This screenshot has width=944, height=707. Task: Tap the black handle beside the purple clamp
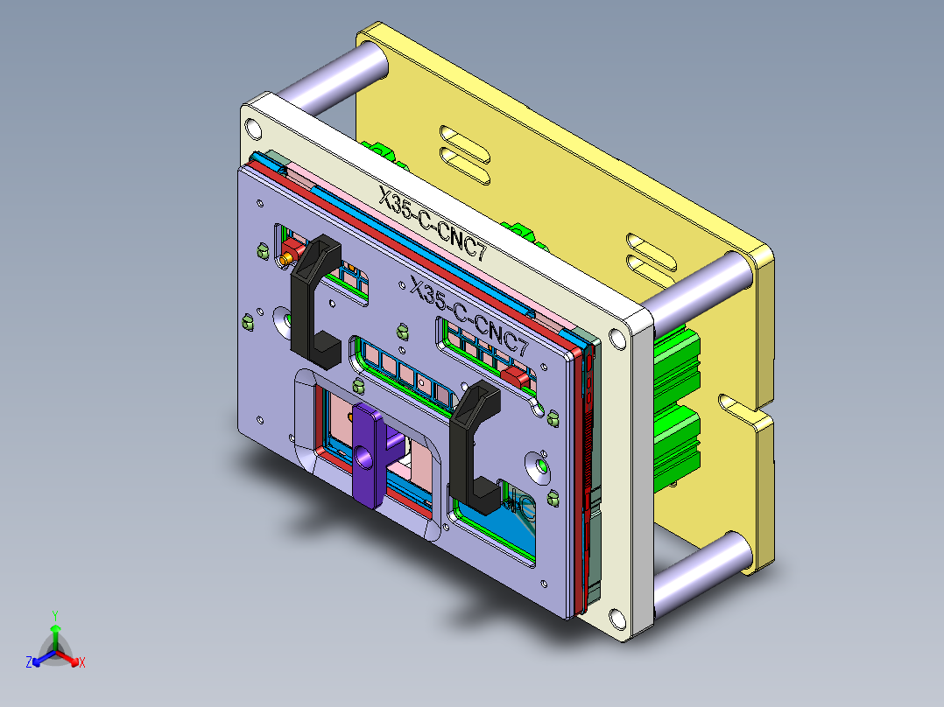point(474,446)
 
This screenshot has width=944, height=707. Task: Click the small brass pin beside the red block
point(285,260)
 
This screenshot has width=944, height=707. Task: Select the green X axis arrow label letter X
point(81,663)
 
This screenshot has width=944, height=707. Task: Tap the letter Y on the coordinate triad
point(54,614)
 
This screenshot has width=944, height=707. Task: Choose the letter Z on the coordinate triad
point(29,663)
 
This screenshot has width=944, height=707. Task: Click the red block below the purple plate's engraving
point(517,377)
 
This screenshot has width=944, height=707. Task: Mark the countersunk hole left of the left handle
point(285,321)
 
